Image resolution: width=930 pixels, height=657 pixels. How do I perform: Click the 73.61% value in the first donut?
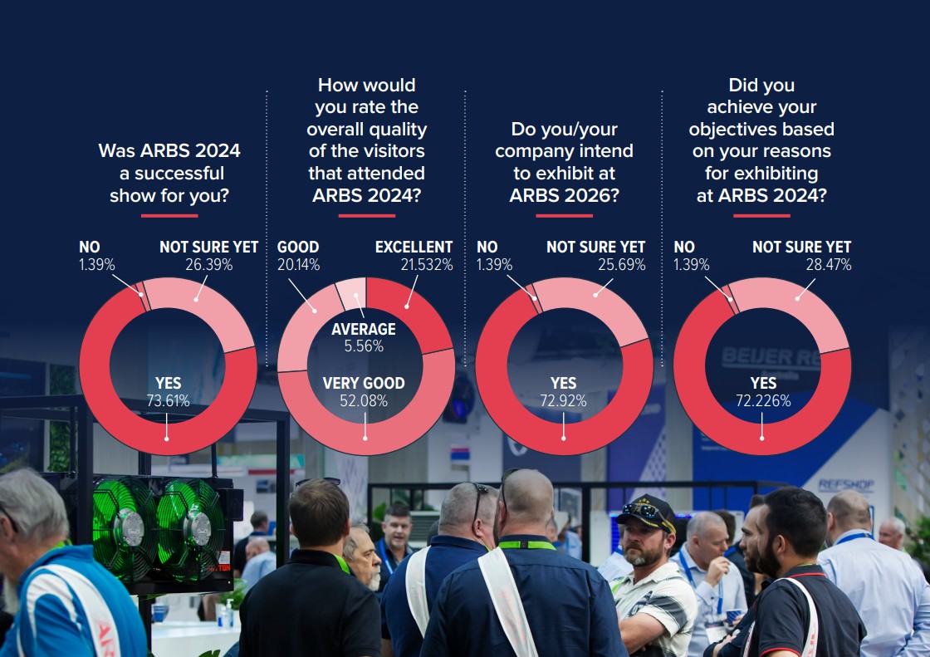(168, 401)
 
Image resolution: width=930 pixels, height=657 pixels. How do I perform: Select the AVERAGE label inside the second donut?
(364, 330)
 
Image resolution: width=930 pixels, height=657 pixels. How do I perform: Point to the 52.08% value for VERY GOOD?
(364, 401)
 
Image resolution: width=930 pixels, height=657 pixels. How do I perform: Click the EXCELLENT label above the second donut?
(414, 248)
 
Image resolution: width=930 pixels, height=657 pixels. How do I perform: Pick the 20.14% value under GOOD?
(298, 265)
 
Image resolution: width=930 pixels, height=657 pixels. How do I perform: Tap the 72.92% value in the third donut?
(563, 401)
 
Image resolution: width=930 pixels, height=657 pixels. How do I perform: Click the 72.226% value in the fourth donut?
(763, 401)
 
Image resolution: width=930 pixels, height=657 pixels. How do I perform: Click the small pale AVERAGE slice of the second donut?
(350, 292)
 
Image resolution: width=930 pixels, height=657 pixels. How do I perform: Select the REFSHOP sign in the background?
(845, 485)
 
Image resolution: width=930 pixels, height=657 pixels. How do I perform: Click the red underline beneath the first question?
(169, 216)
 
